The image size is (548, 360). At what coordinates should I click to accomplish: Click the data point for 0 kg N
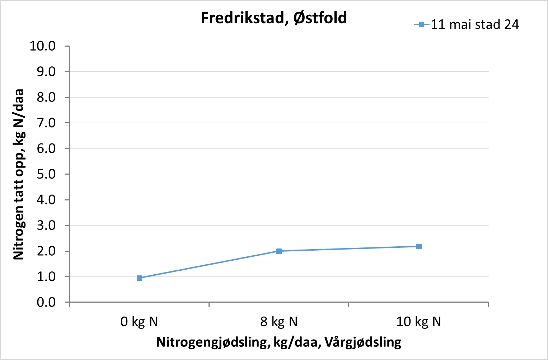(x=139, y=278)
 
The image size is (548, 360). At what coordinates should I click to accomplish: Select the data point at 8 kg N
(x=279, y=251)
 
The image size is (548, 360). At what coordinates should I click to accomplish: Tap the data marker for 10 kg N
(x=419, y=246)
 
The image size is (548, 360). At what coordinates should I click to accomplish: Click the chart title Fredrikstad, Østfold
(x=273, y=18)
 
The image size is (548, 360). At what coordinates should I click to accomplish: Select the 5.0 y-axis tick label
(x=46, y=174)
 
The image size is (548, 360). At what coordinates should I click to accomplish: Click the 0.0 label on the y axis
(x=46, y=302)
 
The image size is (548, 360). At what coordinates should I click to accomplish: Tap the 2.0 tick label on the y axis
(x=46, y=251)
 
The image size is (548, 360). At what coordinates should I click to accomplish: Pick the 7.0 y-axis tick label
(x=46, y=123)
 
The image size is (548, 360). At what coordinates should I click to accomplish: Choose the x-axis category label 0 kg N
(x=139, y=322)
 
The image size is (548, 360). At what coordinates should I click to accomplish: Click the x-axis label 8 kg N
(x=279, y=322)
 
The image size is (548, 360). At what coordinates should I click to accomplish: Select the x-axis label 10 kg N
(x=418, y=322)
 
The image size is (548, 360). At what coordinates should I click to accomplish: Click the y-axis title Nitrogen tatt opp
(x=18, y=174)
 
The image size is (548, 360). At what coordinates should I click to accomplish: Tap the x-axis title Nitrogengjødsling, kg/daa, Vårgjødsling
(x=279, y=342)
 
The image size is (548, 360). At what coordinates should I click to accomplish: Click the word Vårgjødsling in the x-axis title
(x=363, y=342)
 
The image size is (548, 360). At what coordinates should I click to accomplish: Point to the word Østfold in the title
(x=320, y=18)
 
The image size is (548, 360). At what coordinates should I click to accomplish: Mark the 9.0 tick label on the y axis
(x=46, y=72)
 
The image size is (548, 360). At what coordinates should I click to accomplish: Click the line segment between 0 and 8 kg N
(x=209, y=265)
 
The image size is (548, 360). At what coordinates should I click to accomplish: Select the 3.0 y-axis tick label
(x=46, y=226)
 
